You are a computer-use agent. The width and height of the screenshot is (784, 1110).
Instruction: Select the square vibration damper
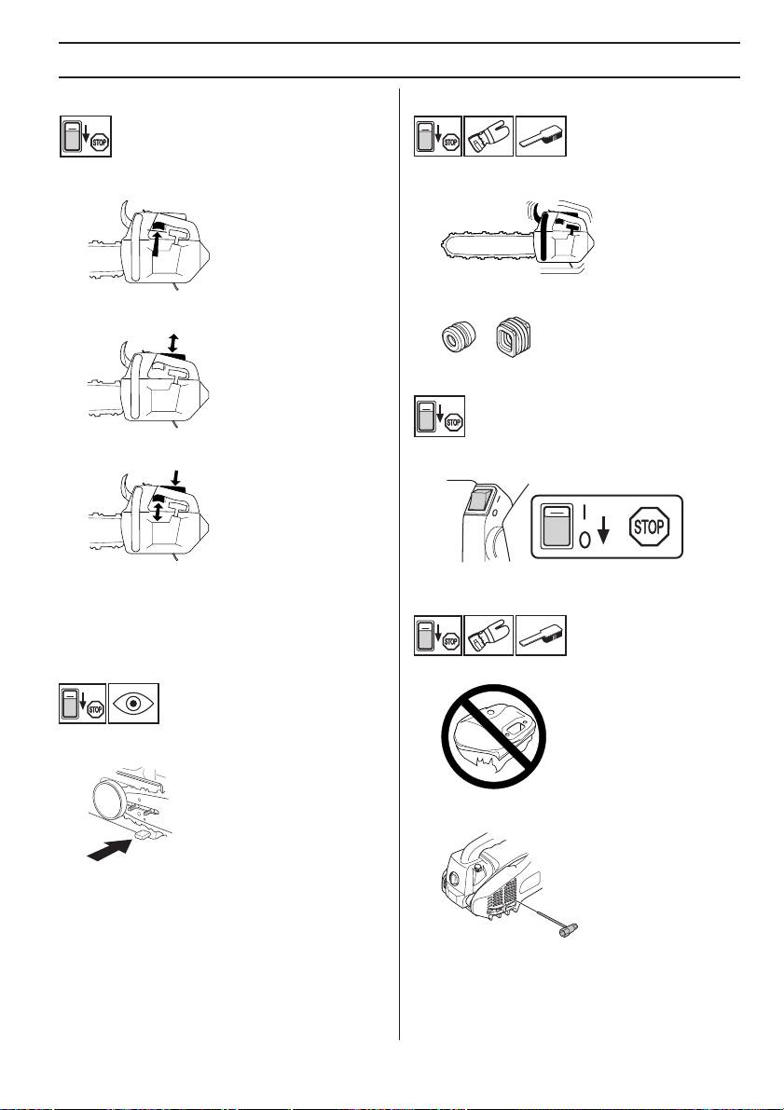(x=510, y=333)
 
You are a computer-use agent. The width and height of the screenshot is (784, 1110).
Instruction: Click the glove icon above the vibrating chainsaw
(x=488, y=136)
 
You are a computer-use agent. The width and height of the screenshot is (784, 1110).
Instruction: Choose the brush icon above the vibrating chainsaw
(x=540, y=136)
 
